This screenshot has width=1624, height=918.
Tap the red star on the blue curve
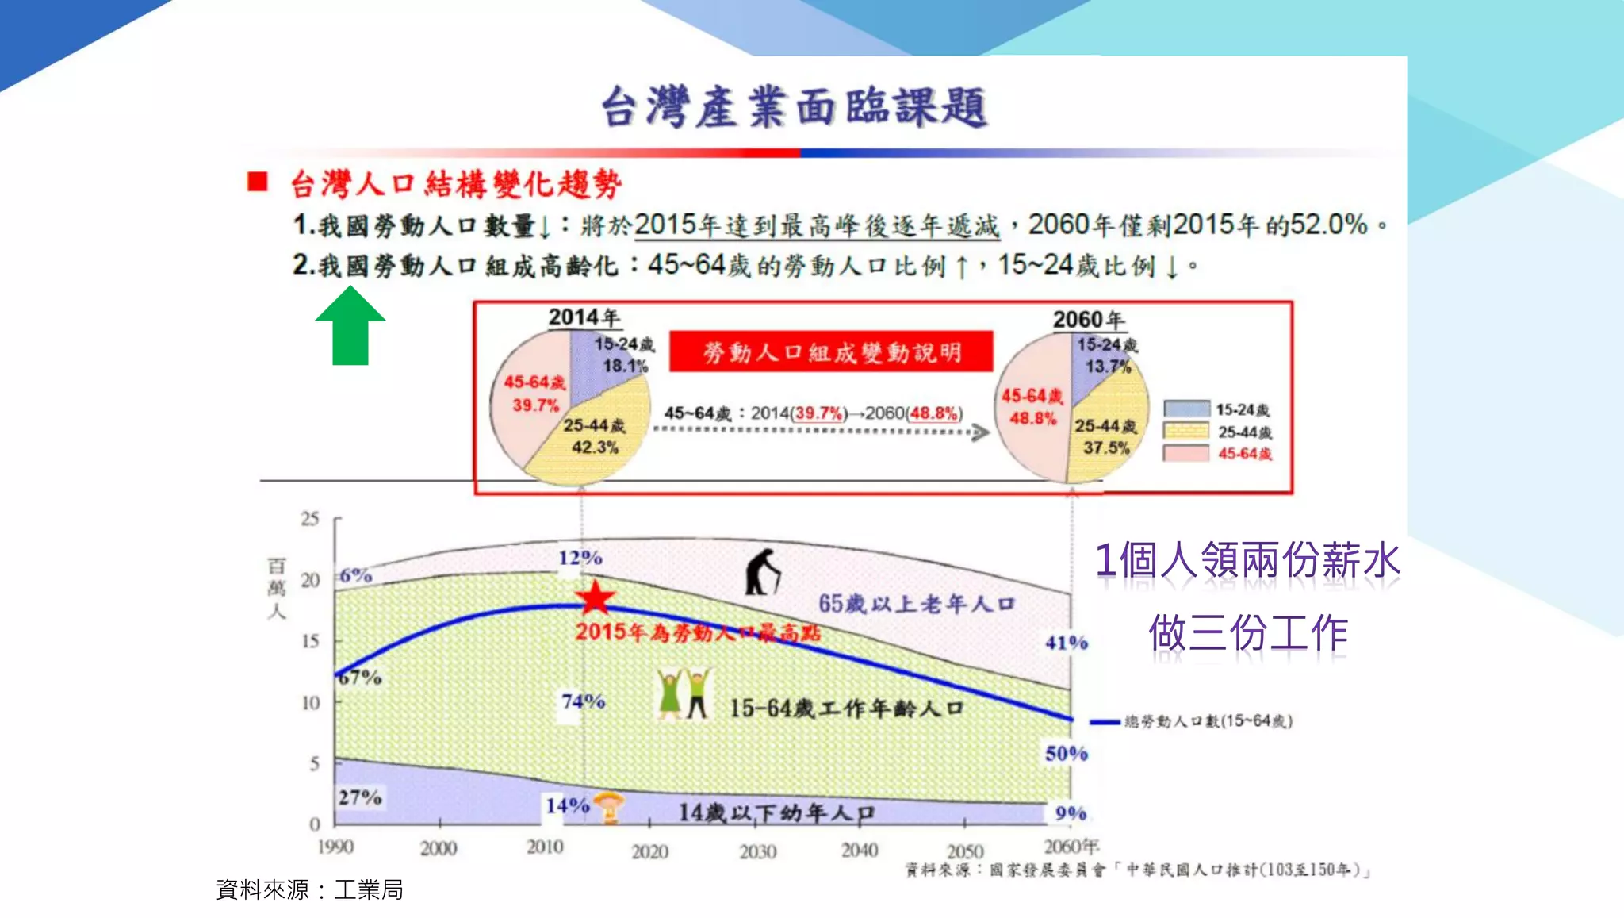pos(595,598)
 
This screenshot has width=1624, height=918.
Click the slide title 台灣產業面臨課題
pos(795,107)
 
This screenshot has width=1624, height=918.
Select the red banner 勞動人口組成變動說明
pos(831,351)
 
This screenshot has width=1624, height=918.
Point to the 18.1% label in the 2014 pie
pos(625,366)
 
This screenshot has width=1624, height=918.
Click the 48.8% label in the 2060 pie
pos(1032,417)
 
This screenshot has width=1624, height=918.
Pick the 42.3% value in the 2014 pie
pos(595,447)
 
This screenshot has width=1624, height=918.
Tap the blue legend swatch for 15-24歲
pos(1185,409)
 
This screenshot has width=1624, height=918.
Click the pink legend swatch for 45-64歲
pos(1185,453)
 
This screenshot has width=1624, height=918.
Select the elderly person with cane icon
pos(762,571)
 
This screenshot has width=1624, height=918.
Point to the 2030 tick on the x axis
pos(757,852)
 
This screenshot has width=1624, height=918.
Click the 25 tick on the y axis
pos(310,519)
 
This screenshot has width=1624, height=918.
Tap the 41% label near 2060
pos(1066,643)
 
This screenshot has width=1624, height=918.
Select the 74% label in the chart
pos(583,701)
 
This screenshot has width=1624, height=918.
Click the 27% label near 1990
pos(360,797)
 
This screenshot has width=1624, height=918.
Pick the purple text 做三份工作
pos(1248,633)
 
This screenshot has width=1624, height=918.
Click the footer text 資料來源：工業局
pos(309,889)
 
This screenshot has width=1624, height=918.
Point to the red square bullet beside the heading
pos(257,182)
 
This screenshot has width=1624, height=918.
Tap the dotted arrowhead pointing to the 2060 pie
pos(981,432)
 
